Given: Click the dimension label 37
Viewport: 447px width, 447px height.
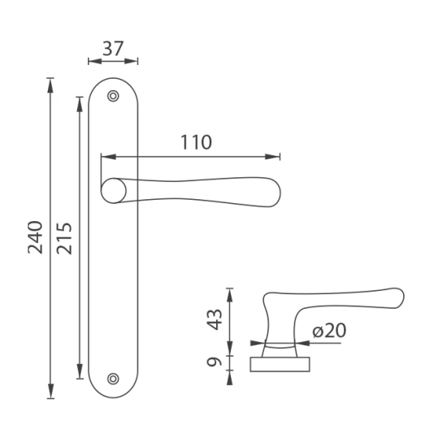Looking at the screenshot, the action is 113,49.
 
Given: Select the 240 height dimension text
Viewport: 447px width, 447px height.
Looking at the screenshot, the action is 35,237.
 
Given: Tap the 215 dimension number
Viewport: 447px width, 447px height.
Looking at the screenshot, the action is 64,238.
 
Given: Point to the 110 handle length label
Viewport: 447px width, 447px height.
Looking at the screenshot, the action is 197,142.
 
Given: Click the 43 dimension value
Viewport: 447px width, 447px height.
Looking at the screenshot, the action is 214,319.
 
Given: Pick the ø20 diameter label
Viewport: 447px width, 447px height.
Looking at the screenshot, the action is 329,331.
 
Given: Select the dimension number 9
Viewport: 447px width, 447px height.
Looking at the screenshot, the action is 214,362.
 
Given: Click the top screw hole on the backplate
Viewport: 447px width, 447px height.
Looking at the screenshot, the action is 113,96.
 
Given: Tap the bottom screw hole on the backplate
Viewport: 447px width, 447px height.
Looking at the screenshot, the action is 113,379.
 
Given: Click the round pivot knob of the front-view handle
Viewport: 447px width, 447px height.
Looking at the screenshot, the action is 114,191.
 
